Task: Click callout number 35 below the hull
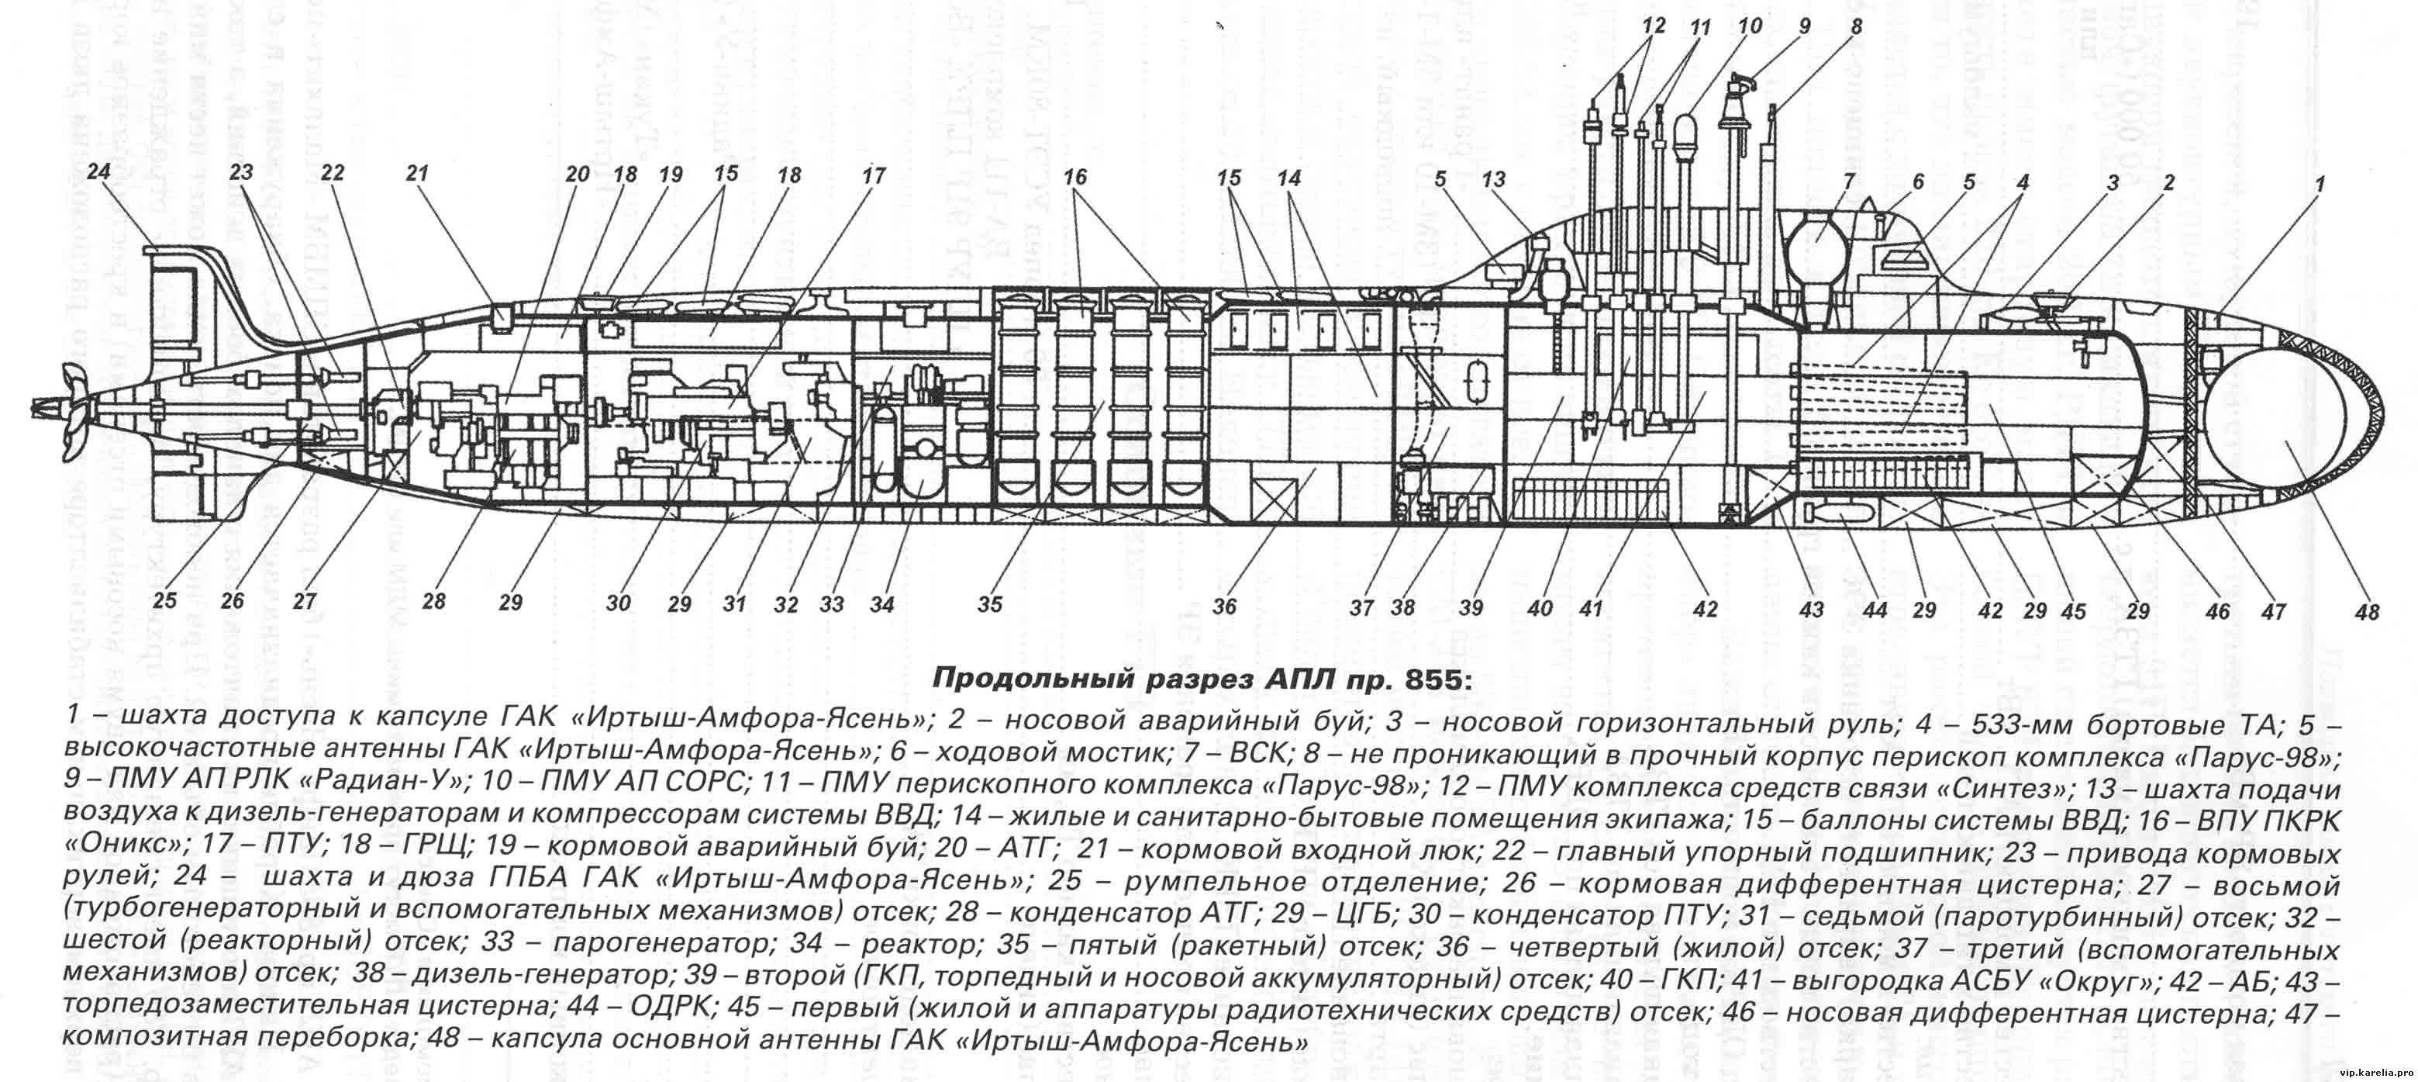(989, 605)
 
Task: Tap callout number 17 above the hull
(873, 175)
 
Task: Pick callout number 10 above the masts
(1750, 26)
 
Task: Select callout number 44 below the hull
(1874, 610)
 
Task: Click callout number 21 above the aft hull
(417, 173)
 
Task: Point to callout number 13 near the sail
(1492, 178)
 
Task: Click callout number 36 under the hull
(1224, 607)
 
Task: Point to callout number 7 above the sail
(1848, 181)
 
